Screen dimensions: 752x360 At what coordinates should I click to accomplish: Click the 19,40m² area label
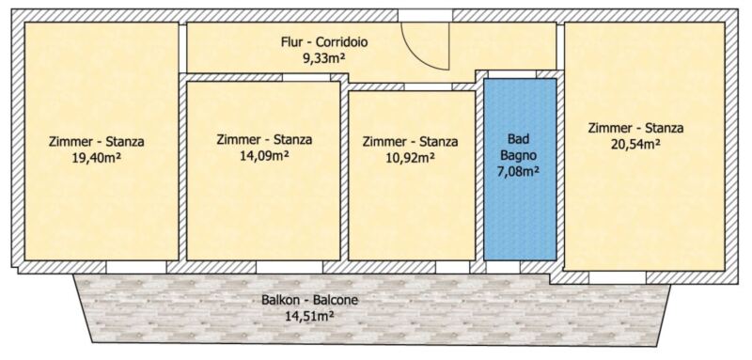tap(96, 158)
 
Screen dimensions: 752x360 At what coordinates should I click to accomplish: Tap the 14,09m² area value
tap(264, 156)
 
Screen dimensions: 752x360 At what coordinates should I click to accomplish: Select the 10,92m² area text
tap(410, 158)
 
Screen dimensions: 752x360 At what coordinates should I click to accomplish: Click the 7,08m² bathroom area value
tap(521, 170)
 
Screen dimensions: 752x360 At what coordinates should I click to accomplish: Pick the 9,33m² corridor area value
tap(324, 58)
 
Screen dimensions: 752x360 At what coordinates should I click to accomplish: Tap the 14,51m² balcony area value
tap(309, 317)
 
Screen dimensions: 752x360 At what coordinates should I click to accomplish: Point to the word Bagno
tap(521, 155)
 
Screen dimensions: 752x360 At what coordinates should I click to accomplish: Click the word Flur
tap(290, 42)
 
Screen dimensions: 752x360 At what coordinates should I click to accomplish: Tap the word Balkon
tap(278, 301)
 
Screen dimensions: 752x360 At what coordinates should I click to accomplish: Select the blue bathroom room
tap(520, 169)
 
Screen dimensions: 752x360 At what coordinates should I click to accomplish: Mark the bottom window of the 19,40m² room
tap(136, 267)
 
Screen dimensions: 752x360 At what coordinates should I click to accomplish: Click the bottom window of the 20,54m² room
tap(618, 277)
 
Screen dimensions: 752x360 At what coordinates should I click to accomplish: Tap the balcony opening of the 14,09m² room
tap(290, 267)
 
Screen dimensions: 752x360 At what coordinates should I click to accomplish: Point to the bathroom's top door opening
tap(511, 74)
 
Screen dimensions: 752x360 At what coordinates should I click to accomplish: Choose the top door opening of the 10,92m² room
tap(429, 86)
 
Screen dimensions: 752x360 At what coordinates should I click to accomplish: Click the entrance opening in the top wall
tap(425, 15)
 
